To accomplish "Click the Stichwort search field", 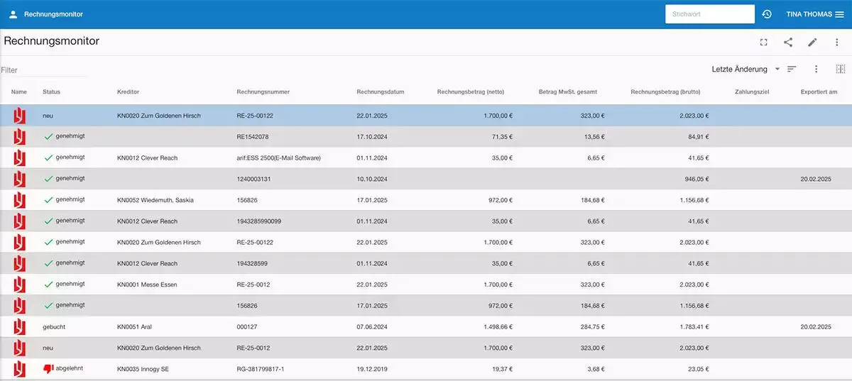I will (x=709, y=14).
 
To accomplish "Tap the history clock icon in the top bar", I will (x=767, y=14).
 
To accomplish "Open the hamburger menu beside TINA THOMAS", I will (x=839, y=14).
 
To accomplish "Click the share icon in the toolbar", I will (x=788, y=42).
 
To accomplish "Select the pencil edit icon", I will (x=812, y=42).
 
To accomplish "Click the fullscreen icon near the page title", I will (x=763, y=42).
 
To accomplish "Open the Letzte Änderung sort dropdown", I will (x=745, y=69).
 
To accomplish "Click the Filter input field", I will (x=43, y=70).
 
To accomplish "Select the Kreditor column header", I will (x=128, y=92).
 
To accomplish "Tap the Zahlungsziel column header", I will (x=752, y=92).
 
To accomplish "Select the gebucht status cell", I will (x=54, y=327).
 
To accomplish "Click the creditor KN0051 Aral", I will (x=134, y=327).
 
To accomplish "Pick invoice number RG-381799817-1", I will (x=265, y=370).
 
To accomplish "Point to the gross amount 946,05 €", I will (x=697, y=179).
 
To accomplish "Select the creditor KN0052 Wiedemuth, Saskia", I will (x=155, y=200).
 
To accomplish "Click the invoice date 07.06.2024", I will (x=373, y=327).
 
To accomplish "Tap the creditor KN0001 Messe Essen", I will (x=147, y=285).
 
